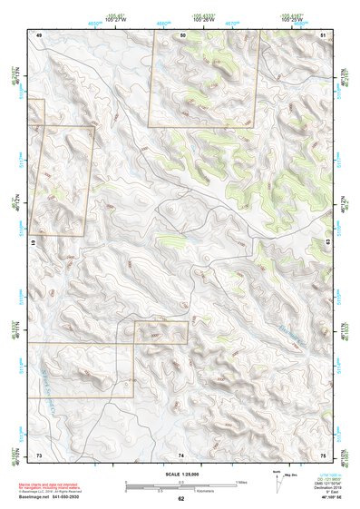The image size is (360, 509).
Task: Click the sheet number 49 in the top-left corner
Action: coord(39,34)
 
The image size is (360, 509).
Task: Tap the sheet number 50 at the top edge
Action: coord(182,34)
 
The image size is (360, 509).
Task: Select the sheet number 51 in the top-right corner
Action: coord(325,34)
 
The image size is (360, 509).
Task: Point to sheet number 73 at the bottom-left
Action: coord(39,454)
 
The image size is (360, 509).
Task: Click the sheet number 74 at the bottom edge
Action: coord(182,454)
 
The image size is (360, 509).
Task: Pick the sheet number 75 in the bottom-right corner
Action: coord(325,454)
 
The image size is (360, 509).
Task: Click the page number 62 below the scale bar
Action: coord(181,498)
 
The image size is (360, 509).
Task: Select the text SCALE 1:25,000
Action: coord(180,474)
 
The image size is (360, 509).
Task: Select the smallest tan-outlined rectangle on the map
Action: coord(161,332)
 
